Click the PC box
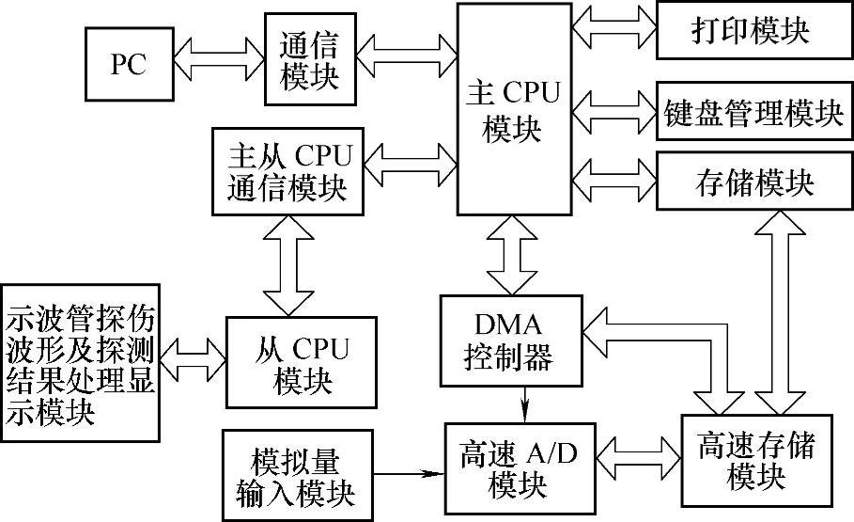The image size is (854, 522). (x=129, y=64)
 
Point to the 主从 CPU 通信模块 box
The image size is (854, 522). (x=287, y=171)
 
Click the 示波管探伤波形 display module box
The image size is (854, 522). (x=81, y=362)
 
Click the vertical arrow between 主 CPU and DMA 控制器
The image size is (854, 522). (x=512, y=255)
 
